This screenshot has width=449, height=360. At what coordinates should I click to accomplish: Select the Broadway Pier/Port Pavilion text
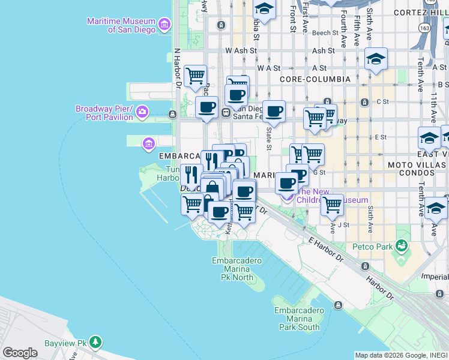(104, 113)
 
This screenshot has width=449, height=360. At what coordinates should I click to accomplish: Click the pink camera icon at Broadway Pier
(142, 112)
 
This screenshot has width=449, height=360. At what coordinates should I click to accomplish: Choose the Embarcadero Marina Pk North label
(233, 269)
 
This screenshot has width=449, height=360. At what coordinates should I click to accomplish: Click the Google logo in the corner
(20, 353)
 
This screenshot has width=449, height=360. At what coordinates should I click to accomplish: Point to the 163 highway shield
(424, 28)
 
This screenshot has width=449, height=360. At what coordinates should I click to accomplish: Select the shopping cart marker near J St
(331, 205)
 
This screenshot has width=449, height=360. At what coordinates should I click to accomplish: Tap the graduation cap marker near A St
(376, 58)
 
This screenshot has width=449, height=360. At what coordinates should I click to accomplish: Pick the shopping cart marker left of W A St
(195, 76)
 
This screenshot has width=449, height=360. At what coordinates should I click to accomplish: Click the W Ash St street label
(240, 52)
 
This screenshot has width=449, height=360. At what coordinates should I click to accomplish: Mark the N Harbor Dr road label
(177, 69)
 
